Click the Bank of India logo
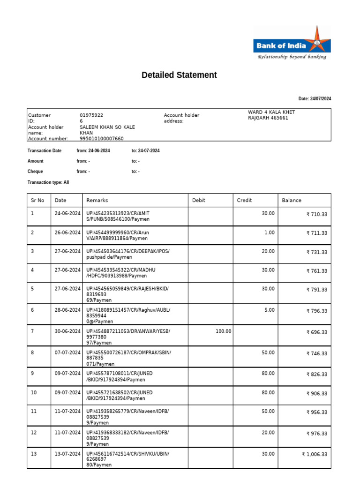pos(292,42)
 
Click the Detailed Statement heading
pos(179,75)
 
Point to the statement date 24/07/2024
pos(315,99)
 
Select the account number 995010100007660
pos(102,139)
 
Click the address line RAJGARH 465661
pos(268,118)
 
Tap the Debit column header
pos(199,200)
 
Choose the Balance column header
pos(292,200)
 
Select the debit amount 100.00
pos(223,331)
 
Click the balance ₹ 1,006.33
pos(315,454)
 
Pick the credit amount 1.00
pos(269,232)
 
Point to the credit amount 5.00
pos(269,310)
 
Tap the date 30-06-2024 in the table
pos(67,331)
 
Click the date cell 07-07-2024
pos(67,352)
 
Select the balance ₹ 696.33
pos(317,332)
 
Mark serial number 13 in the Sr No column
pos(33,454)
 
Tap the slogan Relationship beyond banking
pos(292,57)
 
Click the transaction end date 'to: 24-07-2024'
pos(146,150)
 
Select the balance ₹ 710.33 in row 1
pos(317,214)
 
